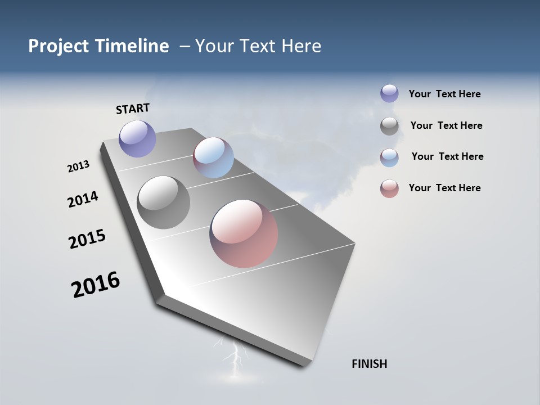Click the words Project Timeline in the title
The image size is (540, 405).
click(98, 46)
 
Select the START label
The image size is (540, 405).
click(133, 109)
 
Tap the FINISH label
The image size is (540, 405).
click(369, 364)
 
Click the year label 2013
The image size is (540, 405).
click(78, 166)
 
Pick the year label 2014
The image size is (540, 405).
click(83, 199)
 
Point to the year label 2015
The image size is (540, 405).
click(87, 238)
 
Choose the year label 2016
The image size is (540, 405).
click(96, 285)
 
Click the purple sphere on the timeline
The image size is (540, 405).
click(137, 138)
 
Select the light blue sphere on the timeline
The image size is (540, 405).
click(213, 157)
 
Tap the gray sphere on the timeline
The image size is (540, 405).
click(163, 202)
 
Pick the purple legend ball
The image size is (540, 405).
click(389, 93)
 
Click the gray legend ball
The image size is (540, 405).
click(389, 126)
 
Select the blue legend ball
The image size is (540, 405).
click(389, 157)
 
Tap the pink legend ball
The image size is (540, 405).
click(389, 189)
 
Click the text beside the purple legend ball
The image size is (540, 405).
click(444, 94)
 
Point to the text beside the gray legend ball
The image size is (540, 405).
click(446, 125)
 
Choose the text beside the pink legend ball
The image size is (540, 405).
click(444, 188)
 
